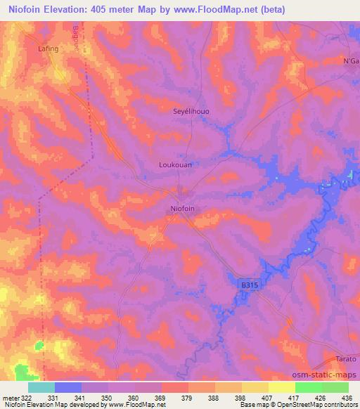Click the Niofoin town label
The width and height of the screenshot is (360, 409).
point(183,209)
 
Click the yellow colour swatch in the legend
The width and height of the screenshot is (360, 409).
point(281,387)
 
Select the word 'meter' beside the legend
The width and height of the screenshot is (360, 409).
point(10,397)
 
